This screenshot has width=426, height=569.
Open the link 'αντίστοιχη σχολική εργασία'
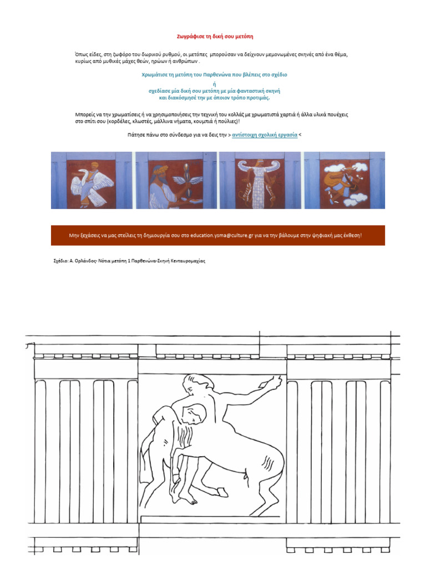[265, 135]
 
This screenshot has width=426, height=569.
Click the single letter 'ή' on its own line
[215, 84]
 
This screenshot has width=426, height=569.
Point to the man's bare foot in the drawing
[188, 500]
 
